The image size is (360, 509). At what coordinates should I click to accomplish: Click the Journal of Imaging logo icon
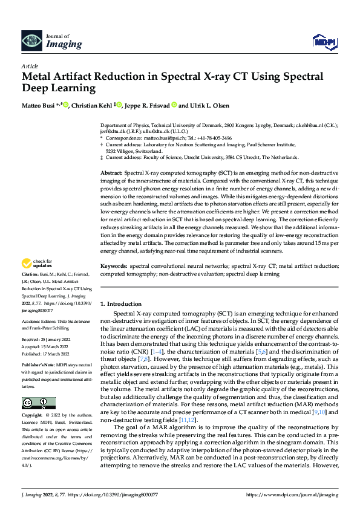[30, 41]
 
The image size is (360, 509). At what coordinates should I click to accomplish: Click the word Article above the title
[30, 66]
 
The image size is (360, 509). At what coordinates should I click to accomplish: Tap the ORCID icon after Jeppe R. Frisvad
[174, 104]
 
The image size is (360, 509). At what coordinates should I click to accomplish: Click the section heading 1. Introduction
[120, 303]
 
